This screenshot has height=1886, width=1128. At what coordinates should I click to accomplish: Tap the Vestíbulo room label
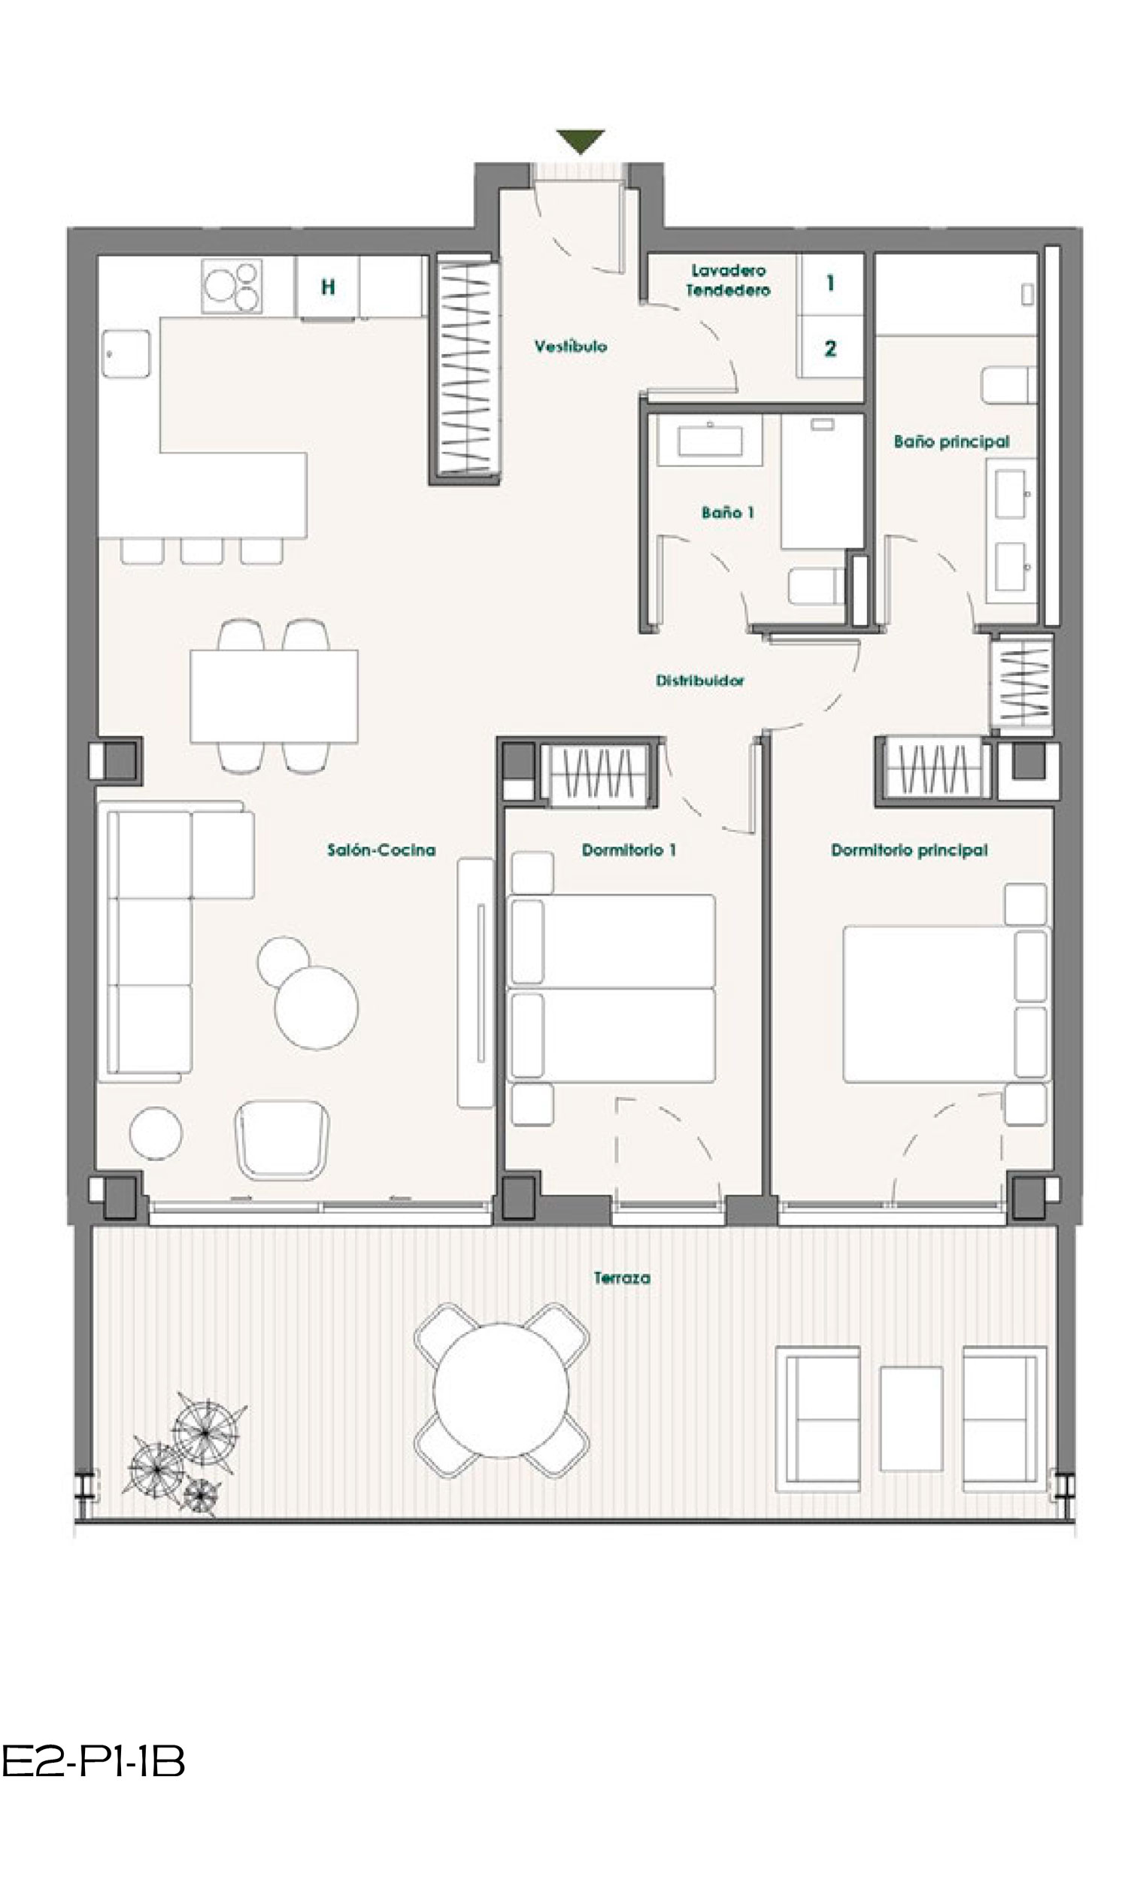pyautogui.click(x=571, y=347)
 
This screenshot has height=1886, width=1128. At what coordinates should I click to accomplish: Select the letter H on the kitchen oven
pyautogui.click(x=328, y=287)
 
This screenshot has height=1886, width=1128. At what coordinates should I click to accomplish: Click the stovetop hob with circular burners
pyautogui.click(x=232, y=286)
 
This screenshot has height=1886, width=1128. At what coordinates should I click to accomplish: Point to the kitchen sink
pyautogui.click(x=126, y=353)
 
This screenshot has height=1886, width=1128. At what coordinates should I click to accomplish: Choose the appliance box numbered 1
pyautogui.click(x=831, y=284)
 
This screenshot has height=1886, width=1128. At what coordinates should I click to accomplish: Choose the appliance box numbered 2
pyautogui.click(x=831, y=348)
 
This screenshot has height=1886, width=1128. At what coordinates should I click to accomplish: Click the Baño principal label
pyautogui.click(x=951, y=441)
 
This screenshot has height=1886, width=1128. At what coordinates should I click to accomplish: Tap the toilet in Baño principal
pyautogui.click(x=1008, y=385)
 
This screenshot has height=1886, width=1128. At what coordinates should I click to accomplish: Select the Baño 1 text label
pyautogui.click(x=727, y=513)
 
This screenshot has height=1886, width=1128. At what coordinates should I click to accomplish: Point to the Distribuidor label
pyautogui.click(x=700, y=680)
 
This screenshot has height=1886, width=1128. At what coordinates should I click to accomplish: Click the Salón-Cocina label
pyautogui.click(x=381, y=850)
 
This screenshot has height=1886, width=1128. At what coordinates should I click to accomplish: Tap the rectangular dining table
pyautogui.click(x=274, y=696)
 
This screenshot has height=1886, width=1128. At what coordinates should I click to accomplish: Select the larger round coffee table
pyautogui.click(x=316, y=1008)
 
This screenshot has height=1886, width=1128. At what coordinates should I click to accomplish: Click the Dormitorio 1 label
pyautogui.click(x=629, y=850)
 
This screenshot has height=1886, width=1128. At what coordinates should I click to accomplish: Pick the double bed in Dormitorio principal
pyautogui.click(x=946, y=1004)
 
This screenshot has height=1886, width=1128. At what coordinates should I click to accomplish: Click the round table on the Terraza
pyautogui.click(x=501, y=1390)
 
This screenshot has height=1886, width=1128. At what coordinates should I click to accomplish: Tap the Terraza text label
pyautogui.click(x=622, y=1278)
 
